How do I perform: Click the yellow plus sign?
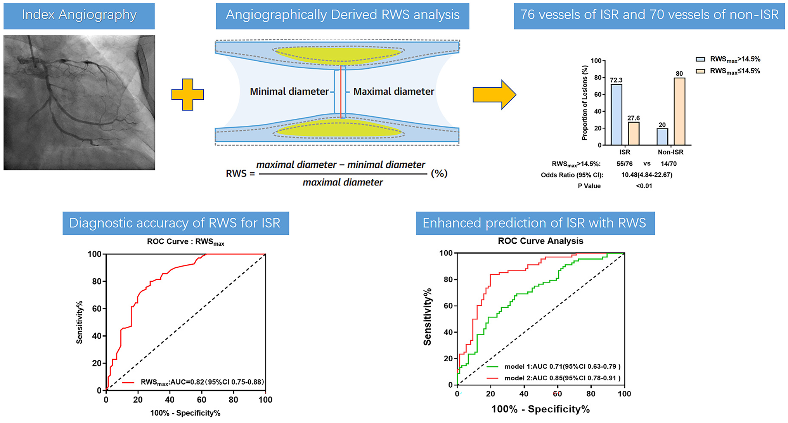187,95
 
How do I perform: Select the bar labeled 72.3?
616,115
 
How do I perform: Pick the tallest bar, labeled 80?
679,112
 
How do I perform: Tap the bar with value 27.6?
633,133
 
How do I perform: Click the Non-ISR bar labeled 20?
662,137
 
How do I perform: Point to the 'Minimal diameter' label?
289,92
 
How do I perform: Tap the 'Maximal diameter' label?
393,92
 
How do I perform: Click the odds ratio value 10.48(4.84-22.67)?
646,175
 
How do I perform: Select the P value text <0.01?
644,186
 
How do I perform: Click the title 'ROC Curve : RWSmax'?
185,242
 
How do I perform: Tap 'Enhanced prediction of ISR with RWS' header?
535,223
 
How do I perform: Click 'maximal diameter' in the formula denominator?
343,182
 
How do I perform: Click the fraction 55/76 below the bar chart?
624,164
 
